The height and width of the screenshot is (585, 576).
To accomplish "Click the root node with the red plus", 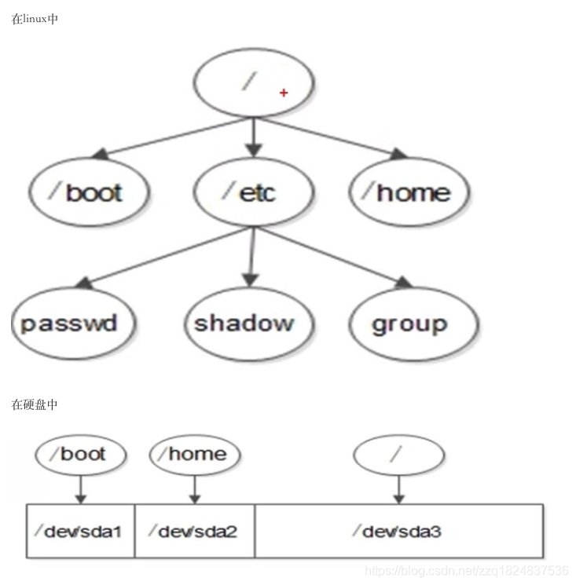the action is [x=253, y=85].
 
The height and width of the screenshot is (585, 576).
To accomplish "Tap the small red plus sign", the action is [x=284, y=93].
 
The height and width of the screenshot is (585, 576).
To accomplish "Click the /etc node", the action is [x=251, y=192].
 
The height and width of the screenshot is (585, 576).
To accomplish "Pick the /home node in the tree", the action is [x=409, y=192].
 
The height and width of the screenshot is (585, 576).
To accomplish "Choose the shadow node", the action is [x=244, y=323].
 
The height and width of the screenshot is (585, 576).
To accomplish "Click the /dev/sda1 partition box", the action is [x=81, y=531].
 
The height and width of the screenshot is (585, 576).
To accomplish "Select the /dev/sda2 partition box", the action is [x=195, y=531].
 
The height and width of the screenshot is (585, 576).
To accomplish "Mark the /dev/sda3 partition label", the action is [x=398, y=531].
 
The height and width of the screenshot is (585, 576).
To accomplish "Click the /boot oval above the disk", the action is [x=81, y=454].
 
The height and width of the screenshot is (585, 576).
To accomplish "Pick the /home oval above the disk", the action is [x=195, y=454].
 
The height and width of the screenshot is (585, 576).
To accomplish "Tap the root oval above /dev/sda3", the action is [x=398, y=454].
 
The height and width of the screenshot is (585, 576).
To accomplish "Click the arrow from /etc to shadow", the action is [x=251, y=255].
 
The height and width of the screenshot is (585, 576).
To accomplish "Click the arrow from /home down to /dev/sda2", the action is [x=195, y=490].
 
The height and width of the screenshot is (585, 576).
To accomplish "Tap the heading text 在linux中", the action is [x=35, y=19].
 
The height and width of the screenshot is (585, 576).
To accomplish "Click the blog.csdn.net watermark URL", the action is [x=468, y=570].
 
